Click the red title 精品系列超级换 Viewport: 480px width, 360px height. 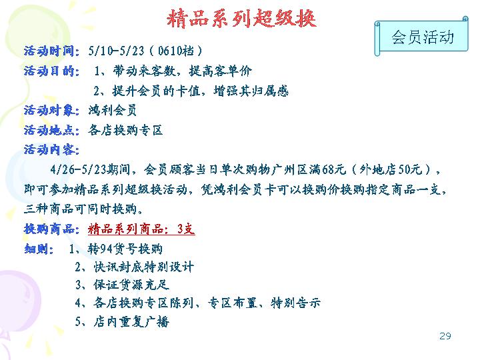241,19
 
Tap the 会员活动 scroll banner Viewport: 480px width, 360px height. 421,37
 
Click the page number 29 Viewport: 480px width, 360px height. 445,336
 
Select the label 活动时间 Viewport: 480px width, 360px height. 49,51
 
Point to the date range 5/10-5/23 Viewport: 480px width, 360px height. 116,51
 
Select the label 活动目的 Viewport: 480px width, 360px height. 49,71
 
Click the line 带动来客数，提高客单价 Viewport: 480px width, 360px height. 183,71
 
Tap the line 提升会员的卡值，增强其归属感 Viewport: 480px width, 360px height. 201,91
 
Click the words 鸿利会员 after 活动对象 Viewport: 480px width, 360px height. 113,110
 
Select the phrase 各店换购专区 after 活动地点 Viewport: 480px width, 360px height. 125,130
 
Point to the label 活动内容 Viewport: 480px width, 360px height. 49,150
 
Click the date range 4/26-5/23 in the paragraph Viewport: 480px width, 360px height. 78,169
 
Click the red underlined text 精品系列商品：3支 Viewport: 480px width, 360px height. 141,229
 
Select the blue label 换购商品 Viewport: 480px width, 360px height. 49,229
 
